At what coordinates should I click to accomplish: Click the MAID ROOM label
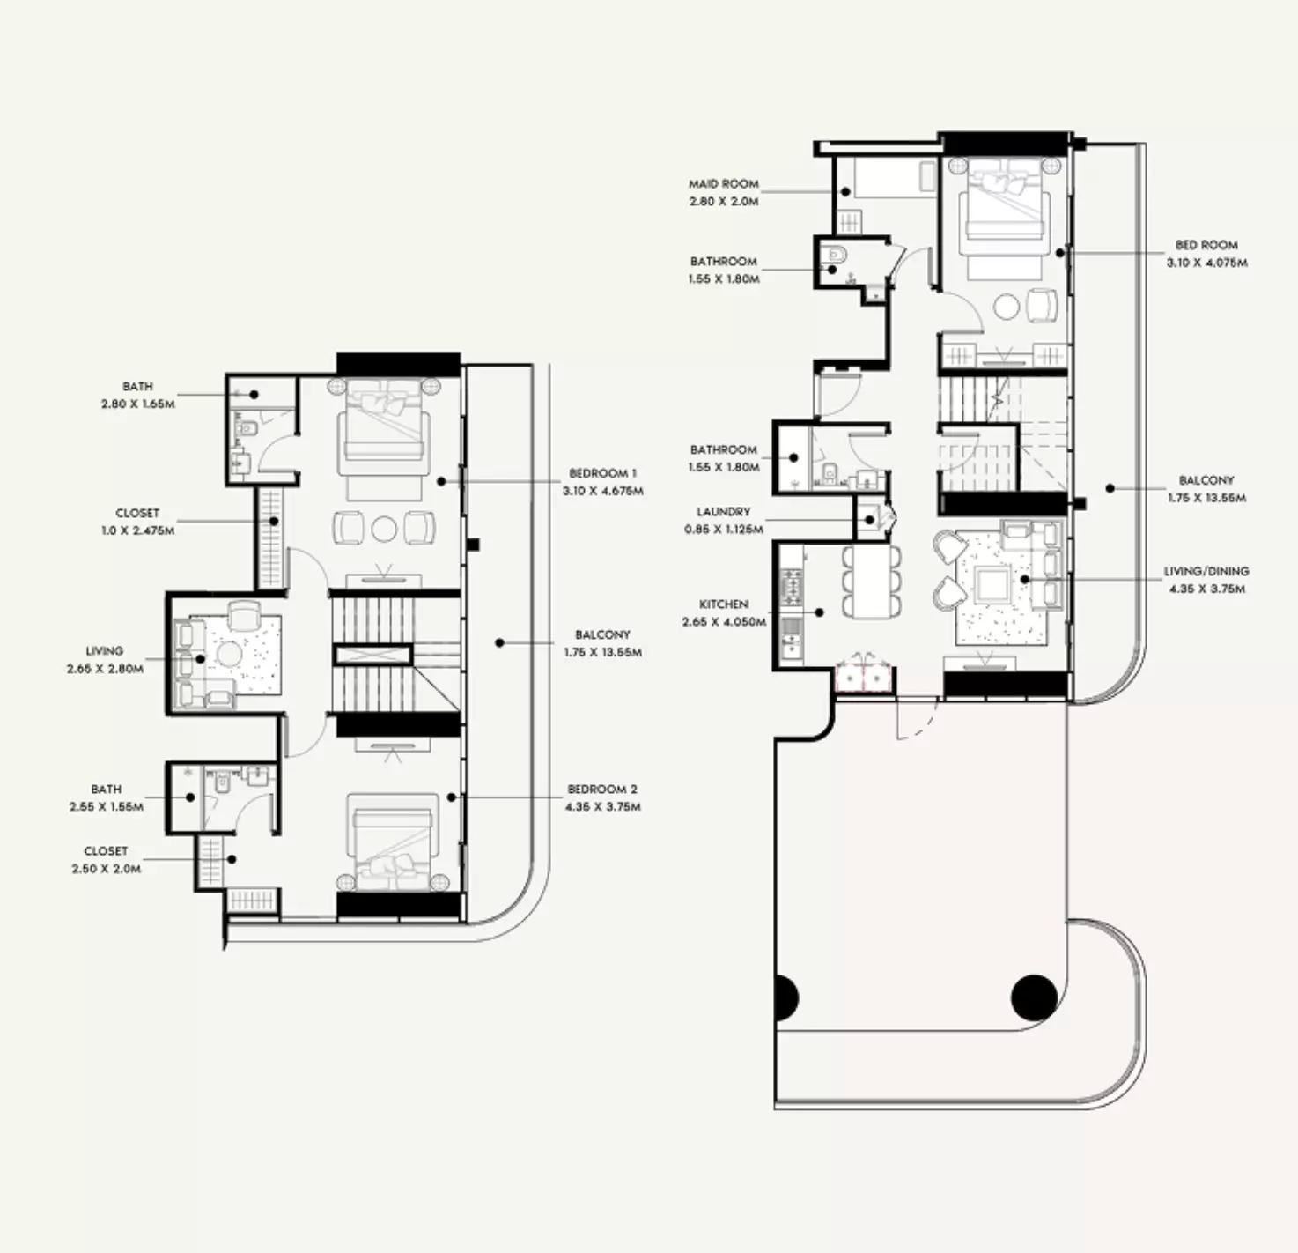pos(724,183)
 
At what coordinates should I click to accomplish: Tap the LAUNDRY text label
pos(724,512)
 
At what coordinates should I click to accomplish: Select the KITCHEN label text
pos(724,604)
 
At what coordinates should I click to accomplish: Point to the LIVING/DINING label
pos(1206,571)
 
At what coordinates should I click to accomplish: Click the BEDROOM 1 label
pos(602,473)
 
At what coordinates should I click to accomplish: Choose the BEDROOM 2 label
pos(602,789)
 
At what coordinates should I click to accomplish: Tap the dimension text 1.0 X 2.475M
pos(136,530)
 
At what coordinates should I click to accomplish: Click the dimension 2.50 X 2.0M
pos(107,869)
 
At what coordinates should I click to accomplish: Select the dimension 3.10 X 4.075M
pos(1206,263)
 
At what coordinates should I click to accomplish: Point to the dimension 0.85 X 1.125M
pos(724,530)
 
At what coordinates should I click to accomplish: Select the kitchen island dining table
pos(871,580)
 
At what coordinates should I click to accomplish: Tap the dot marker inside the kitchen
pos(820,612)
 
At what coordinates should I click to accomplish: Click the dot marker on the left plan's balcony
pos(499,643)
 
